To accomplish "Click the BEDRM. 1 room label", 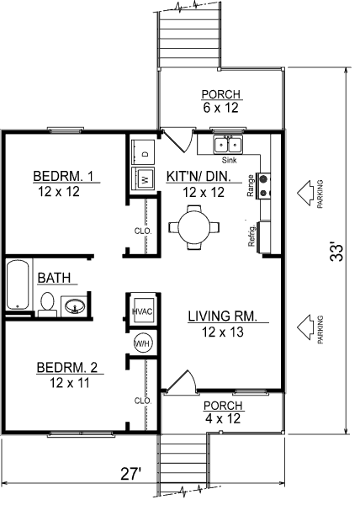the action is tap(63, 176).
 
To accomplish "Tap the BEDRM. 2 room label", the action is tap(67, 367).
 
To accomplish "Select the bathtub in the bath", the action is tap(19, 284).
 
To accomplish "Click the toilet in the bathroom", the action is tap(47, 305).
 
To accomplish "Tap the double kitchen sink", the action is tap(229, 145).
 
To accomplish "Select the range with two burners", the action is tap(263, 186).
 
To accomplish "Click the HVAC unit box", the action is tap(143, 311).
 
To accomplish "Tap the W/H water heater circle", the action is tap(142, 343).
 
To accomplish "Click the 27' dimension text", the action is tap(131, 474).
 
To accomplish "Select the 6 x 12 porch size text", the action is tap(220, 108).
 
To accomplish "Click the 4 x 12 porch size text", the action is tap(223, 418).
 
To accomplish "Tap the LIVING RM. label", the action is tap(223, 316).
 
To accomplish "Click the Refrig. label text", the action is tap(251, 236).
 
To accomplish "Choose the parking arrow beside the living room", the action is tap(305, 327).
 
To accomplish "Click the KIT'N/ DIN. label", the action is tap(199, 177).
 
